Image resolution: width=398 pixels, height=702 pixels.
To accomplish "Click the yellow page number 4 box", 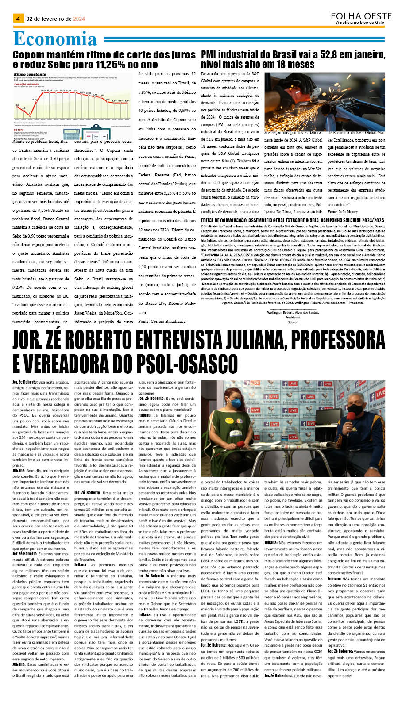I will (x=18, y=19).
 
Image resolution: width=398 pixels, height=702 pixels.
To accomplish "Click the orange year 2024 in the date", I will (x=79, y=19).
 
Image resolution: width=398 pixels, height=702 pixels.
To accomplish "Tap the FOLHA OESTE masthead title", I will (x=361, y=16).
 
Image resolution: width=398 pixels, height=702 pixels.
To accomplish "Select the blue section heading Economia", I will (x=55, y=39).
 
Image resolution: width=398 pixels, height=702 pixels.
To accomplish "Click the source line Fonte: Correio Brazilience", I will (x=162, y=321).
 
